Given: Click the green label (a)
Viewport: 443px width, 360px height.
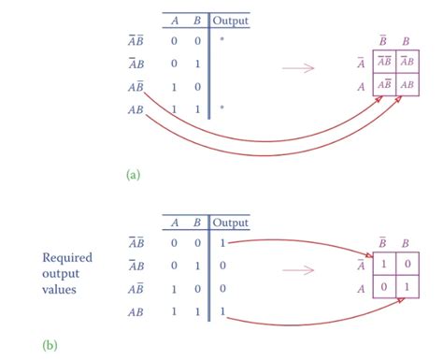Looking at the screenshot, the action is pyautogui.click(x=133, y=173).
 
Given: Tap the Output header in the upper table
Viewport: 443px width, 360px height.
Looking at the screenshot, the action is pyautogui.click(x=231, y=20).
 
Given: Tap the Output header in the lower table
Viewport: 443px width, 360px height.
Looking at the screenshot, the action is pyautogui.click(x=231, y=223).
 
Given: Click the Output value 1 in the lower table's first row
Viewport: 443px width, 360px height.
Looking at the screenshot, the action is pyautogui.click(x=221, y=242).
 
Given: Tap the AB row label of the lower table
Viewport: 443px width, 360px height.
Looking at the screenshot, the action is pyautogui.click(x=136, y=310).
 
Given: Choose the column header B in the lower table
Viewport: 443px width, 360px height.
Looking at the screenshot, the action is pyautogui.click(x=197, y=223).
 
